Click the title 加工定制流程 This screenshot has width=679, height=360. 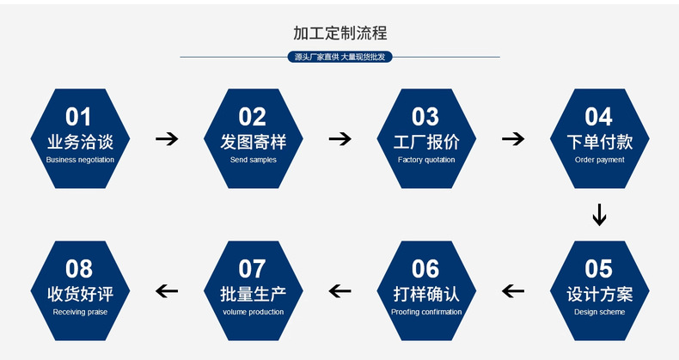coord(339,34)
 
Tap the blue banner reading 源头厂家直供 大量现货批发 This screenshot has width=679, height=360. coord(339,58)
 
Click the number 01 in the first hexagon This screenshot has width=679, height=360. coord(79,117)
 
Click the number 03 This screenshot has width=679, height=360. coord(425,117)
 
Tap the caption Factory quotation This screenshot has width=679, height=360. coord(426,160)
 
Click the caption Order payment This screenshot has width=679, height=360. coord(599,160)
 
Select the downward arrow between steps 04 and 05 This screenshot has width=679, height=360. coord(599,215)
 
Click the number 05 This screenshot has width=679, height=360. coord(599,269)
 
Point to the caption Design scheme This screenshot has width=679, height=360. coord(599,312)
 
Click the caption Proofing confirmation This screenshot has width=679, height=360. coord(426,312)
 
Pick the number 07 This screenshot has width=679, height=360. coord(253,269)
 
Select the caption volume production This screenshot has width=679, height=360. coord(253,312)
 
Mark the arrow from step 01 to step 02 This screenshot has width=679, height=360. coord(167,139)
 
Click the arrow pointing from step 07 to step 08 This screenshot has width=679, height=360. coord(167,291)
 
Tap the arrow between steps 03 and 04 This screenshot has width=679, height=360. coord(513,139)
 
